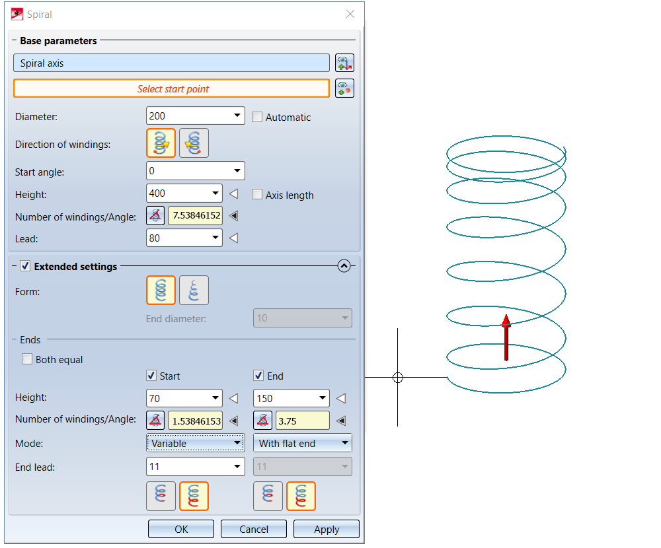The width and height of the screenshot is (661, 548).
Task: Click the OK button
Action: point(181,529)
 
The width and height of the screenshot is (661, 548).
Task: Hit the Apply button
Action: point(327,529)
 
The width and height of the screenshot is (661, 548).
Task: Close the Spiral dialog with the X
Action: point(350,14)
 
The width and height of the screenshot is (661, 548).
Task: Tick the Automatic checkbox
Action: point(257,117)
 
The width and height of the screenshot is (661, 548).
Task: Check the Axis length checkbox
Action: point(257,195)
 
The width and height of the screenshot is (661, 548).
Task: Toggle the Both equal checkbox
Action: point(27,360)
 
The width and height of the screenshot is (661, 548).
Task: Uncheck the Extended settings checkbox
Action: point(25,266)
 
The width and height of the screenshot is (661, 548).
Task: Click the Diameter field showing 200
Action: point(188,116)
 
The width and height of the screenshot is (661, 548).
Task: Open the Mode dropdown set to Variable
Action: point(195,443)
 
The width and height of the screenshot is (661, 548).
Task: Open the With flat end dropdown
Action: point(303,443)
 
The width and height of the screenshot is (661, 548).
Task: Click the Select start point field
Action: point(171,88)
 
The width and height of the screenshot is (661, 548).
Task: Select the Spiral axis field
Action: point(171,63)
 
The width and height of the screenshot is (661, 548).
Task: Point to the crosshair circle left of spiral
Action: point(397,378)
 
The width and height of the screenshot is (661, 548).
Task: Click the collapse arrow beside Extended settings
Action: point(343,266)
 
